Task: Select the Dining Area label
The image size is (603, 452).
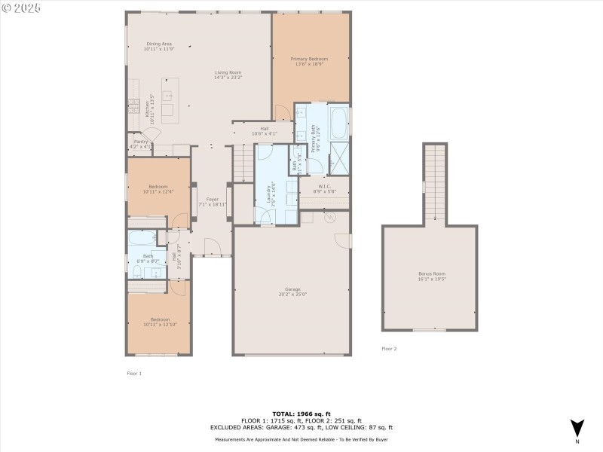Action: pos(159,44)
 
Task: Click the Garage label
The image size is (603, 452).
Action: pos(292,289)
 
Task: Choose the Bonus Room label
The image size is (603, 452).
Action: pos(432,273)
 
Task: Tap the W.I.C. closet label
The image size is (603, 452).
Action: pos(325,186)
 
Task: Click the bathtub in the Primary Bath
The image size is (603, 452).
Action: pos(338,121)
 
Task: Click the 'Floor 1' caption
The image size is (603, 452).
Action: pos(134,373)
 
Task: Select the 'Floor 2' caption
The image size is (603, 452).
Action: pos(389,349)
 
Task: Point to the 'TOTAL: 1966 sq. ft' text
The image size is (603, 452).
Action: pos(301,414)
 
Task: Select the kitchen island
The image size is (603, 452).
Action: pos(167,99)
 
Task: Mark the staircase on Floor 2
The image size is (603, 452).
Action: pos(435,181)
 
